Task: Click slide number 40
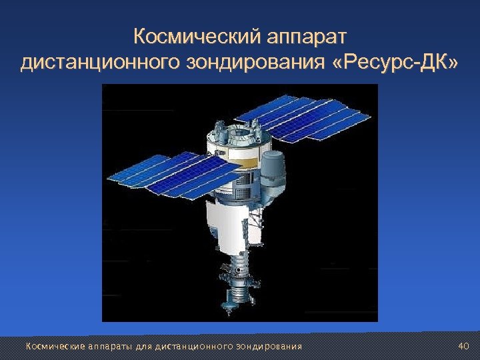[464, 345]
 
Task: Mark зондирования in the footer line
[265, 346]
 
